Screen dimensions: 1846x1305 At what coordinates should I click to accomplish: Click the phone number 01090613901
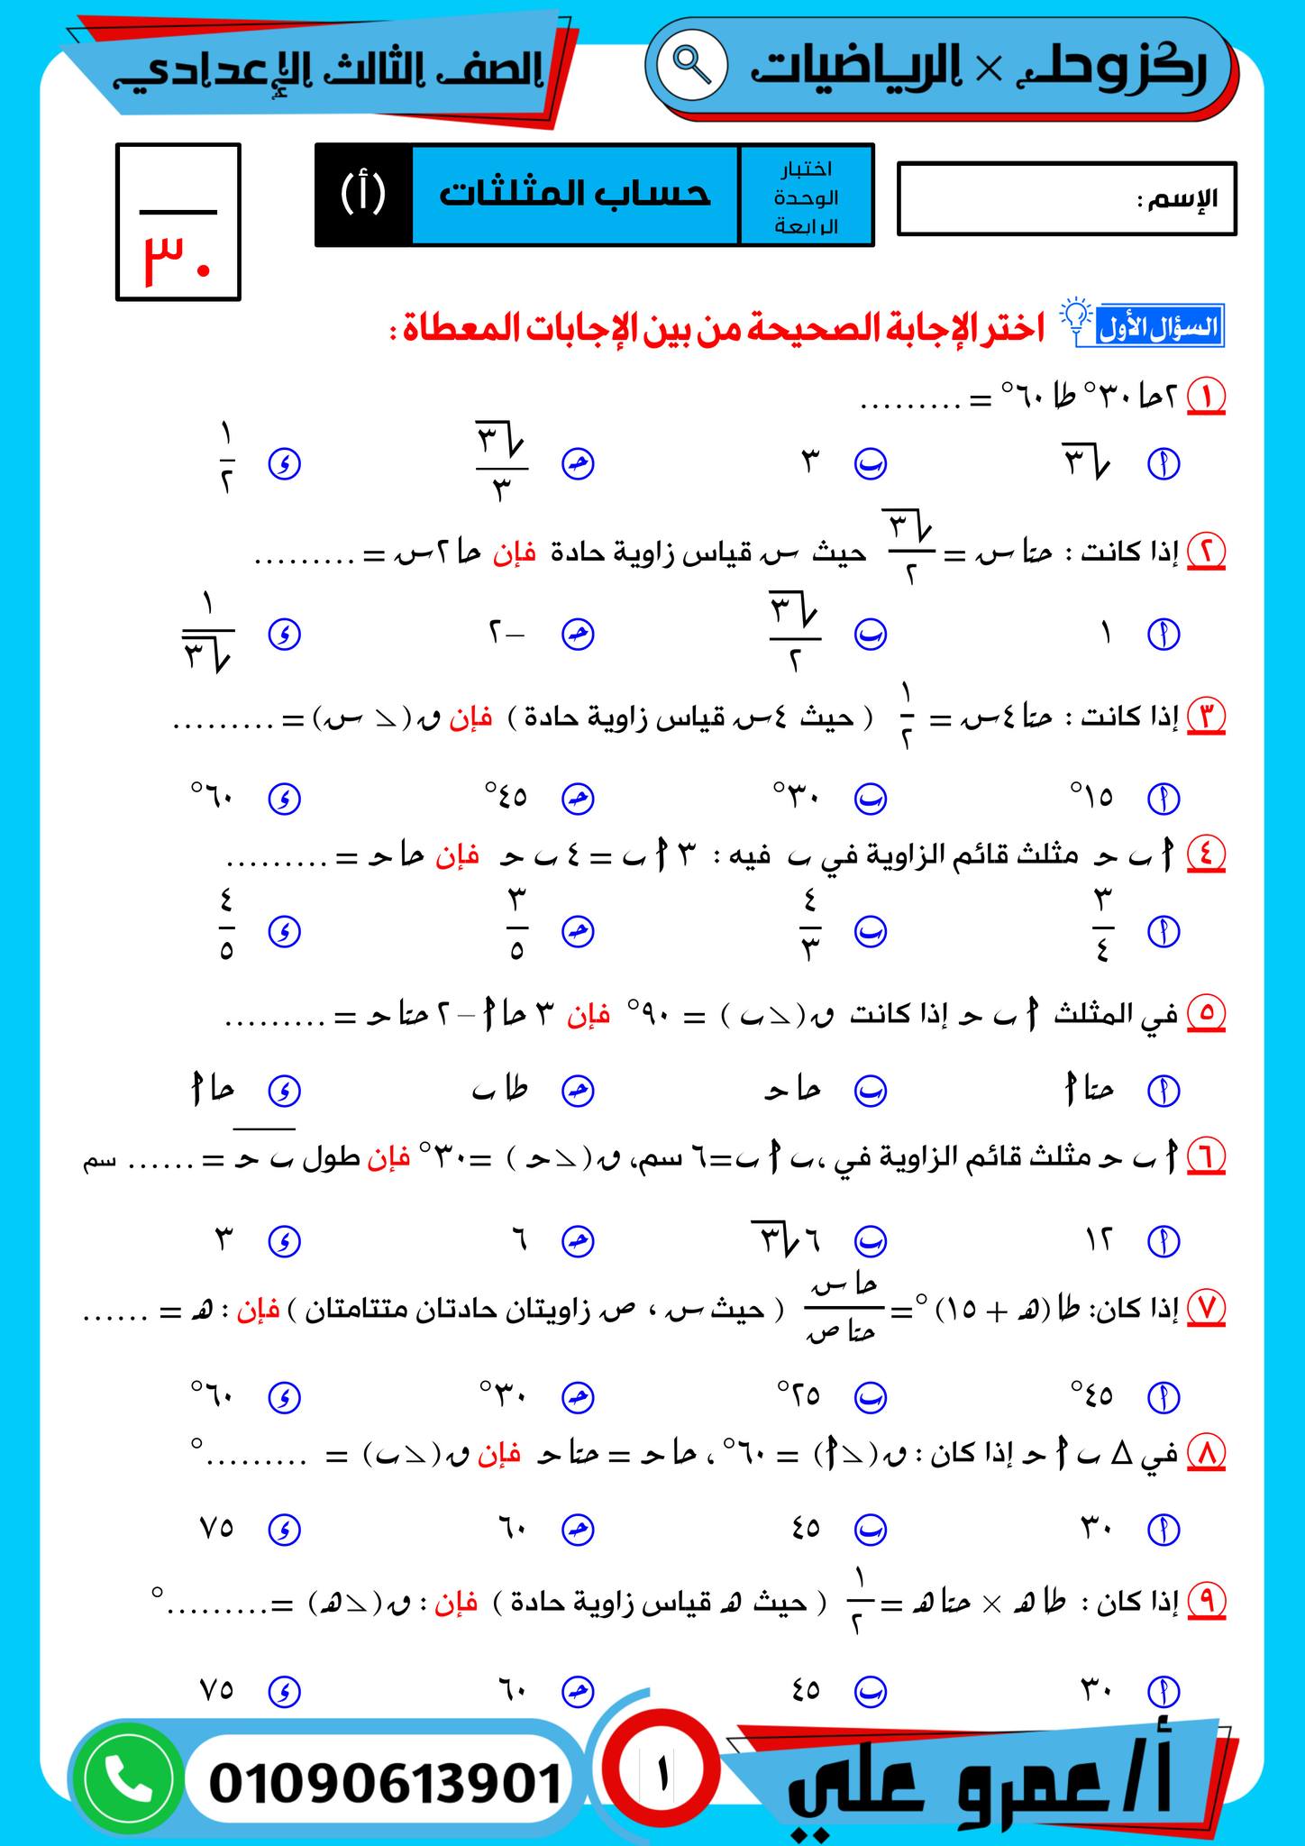tap(385, 1783)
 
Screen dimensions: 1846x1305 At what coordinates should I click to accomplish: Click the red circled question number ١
tap(1206, 396)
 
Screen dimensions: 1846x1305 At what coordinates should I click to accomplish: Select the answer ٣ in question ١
tap(809, 463)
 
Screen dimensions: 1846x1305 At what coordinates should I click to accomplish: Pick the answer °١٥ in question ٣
tap(1092, 798)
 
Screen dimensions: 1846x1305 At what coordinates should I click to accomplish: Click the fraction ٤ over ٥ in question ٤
tap(225, 930)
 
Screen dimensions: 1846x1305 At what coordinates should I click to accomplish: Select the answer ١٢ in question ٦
tap(1098, 1241)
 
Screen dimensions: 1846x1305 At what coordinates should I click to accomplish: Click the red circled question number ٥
tap(1206, 1014)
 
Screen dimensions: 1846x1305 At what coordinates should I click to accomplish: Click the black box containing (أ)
tap(363, 194)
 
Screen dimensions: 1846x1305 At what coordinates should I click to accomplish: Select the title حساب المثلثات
tap(575, 194)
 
